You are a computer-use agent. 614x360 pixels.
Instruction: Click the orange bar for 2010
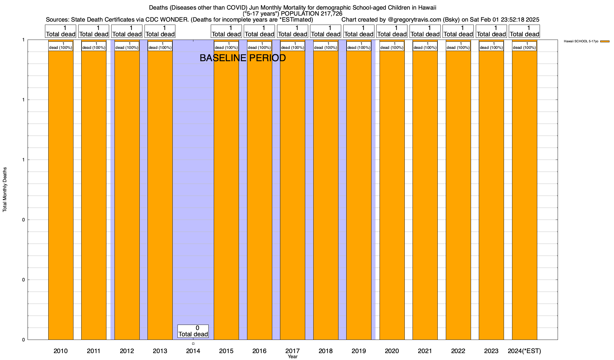pyautogui.click(x=61, y=195)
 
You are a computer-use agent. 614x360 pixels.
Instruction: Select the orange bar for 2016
pyautogui.click(x=259, y=195)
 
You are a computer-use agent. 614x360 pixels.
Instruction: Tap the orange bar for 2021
pyautogui.click(x=425, y=195)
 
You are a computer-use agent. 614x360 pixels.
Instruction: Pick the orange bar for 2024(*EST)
pyautogui.click(x=524, y=195)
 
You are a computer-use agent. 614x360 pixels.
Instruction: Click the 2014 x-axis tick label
pyautogui.click(x=193, y=351)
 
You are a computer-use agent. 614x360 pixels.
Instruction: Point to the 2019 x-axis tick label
pyautogui.click(x=359, y=351)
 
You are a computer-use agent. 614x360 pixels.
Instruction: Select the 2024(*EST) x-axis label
pyautogui.click(x=524, y=351)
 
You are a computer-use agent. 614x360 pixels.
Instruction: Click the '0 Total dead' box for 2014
pyautogui.click(x=193, y=331)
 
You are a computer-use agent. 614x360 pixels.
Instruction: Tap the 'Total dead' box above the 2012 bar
pyautogui.click(x=127, y=31)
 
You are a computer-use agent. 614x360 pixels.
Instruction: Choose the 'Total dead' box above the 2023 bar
pyautogui.click(x=491, y=31)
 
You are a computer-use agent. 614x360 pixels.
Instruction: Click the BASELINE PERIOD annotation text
pyautogui.click(x=243, y=58)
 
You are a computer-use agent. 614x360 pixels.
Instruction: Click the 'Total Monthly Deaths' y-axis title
pyautogui.click(x=5, y=190)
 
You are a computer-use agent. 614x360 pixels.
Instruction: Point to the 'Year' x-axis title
pyautogui.click(x=292, y=357)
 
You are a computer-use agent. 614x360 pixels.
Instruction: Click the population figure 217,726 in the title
pyautogui.click(x=329, y=13)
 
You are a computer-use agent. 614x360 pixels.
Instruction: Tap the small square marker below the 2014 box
pyautogui.click(x=193, y=344)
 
